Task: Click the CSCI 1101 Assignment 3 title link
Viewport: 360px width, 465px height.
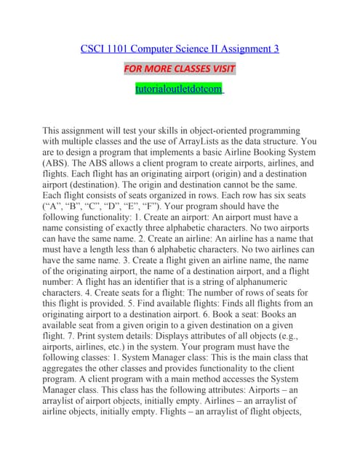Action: [180, 49]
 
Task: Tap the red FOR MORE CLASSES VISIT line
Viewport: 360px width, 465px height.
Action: [180, 69]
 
